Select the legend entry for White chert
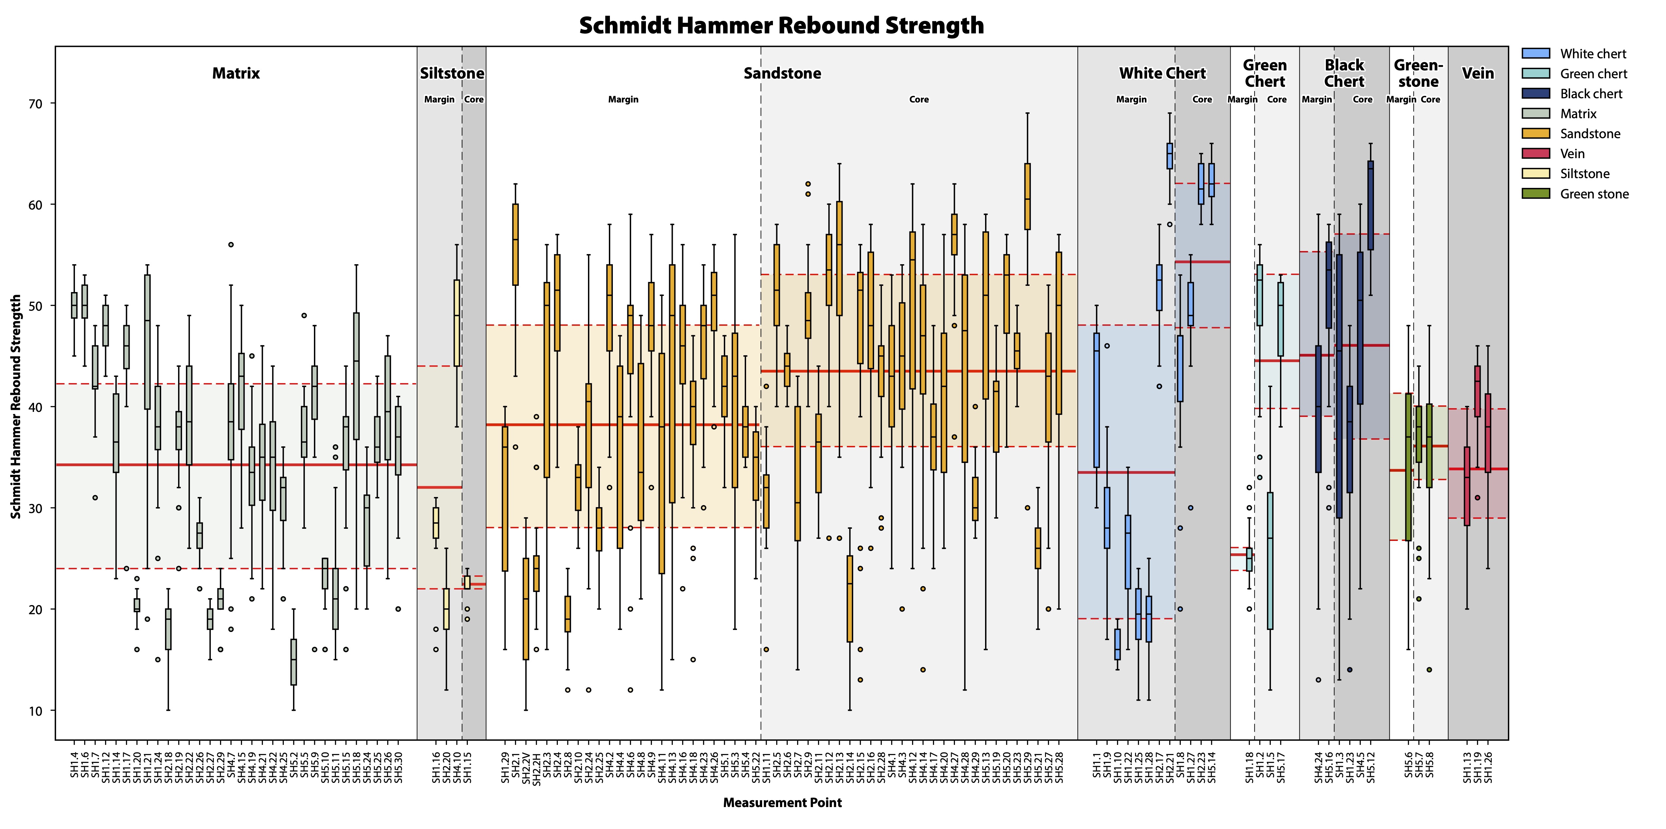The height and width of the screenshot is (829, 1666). pos(1592,54)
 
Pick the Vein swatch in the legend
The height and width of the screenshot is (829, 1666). pos(1536,153)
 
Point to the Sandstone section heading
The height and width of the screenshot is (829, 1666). pos(782,73)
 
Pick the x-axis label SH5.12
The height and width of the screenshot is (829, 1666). pos(1370,766)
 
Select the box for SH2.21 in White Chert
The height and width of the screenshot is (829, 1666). pos(1169,156)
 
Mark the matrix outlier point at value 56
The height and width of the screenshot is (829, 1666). pos(231,245)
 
